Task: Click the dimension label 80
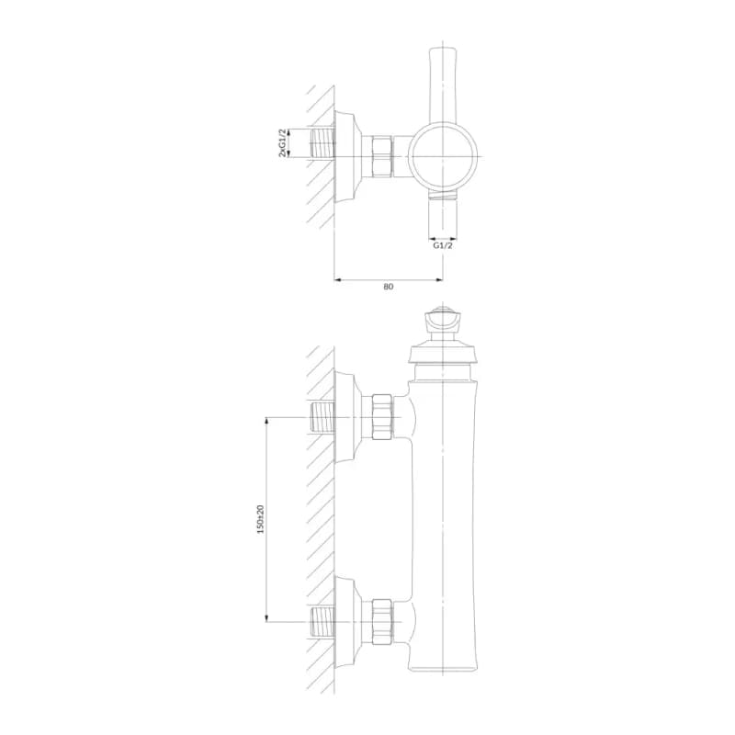click(388, 287)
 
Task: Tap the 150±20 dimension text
click(261, 519)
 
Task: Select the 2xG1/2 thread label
click(282, 142)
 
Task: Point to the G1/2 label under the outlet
click(443, 245)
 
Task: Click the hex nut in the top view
click(382, 156)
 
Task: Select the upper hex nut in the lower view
click(382, 417)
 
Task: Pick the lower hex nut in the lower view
click(382, 622)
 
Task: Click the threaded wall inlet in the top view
click(322, 143)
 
